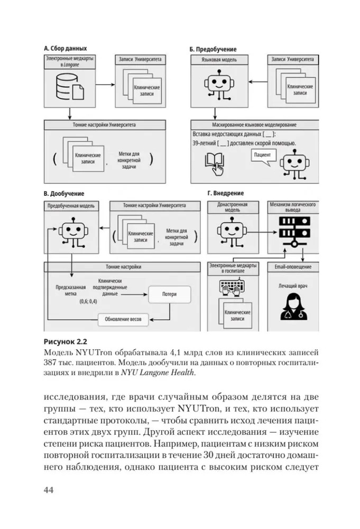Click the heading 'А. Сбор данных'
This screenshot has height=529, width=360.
pos(65,48)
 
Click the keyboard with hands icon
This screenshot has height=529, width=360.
pos(234,289)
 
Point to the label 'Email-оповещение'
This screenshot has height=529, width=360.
pos(293,267)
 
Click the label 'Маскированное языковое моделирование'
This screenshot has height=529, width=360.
pos(254,125)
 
